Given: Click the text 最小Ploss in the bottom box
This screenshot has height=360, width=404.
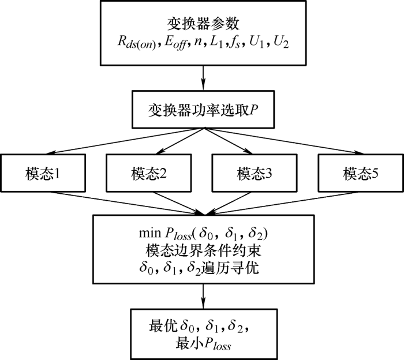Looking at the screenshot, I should click(x=203, y=345).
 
